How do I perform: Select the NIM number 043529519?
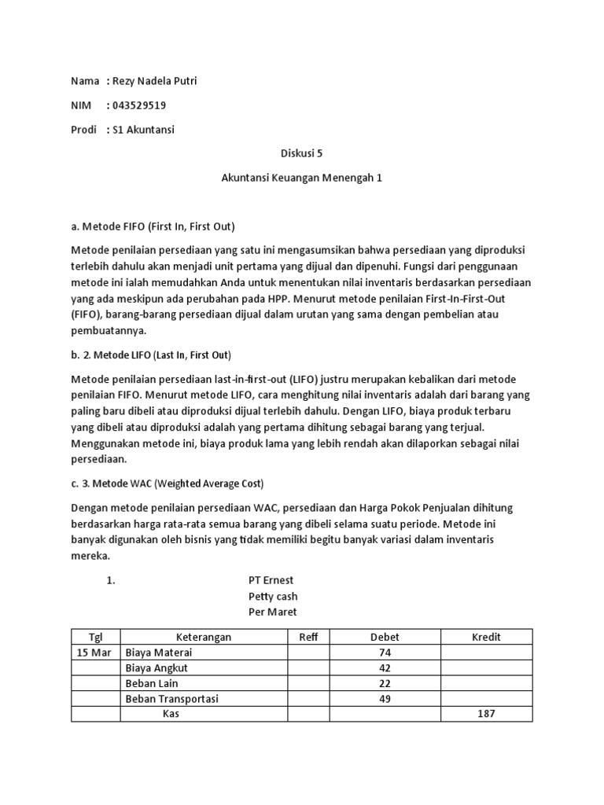click(139, 105)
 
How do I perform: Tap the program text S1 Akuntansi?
click(144, 130)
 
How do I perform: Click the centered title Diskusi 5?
click(301, 154)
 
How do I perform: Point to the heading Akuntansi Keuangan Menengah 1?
click(301, 178)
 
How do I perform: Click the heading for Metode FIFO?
click(153, 226)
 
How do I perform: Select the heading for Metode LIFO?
click(151, 354)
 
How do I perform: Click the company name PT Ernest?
click(271, 580)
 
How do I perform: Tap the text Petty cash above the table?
click(273, 596)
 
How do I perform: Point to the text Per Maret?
click(273, 612)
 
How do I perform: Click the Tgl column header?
click(95, 637)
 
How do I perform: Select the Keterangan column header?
click(204, 637)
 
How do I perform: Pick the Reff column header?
click(308, 637)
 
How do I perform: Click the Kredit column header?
click(486, 637)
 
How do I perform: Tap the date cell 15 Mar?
click(95, 652)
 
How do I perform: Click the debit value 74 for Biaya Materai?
click(385, 652)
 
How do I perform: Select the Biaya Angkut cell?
click(157, 667)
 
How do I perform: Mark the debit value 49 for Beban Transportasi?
click(385, 698)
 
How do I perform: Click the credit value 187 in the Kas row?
click(486, 714)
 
